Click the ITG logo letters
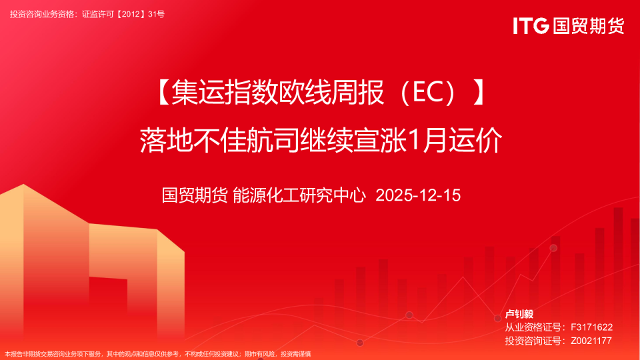[531, 26]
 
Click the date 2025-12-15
[419, 195]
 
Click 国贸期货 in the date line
[194, 195]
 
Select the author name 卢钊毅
[520, 314]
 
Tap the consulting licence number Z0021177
[591, 341]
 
